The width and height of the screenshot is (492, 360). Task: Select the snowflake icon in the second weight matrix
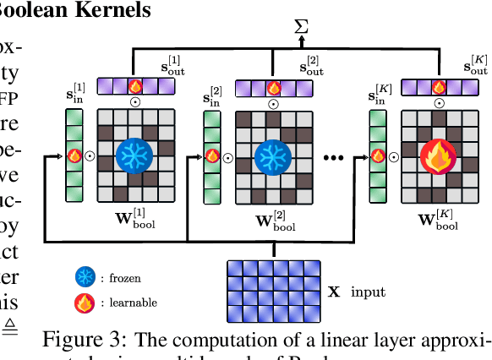(x=272, y=155)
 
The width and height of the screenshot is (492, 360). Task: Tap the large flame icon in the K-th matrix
(x=438, y=155)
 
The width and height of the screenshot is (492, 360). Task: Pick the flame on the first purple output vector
(x=134, y=85)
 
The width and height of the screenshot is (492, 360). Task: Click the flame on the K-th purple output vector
(x=437, y=85)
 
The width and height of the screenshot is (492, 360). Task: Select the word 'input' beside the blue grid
(x=368, y=292)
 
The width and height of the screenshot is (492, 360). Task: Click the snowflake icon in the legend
(x=85, y=276)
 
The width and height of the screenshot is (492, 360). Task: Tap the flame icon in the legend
(x=85, y=302)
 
